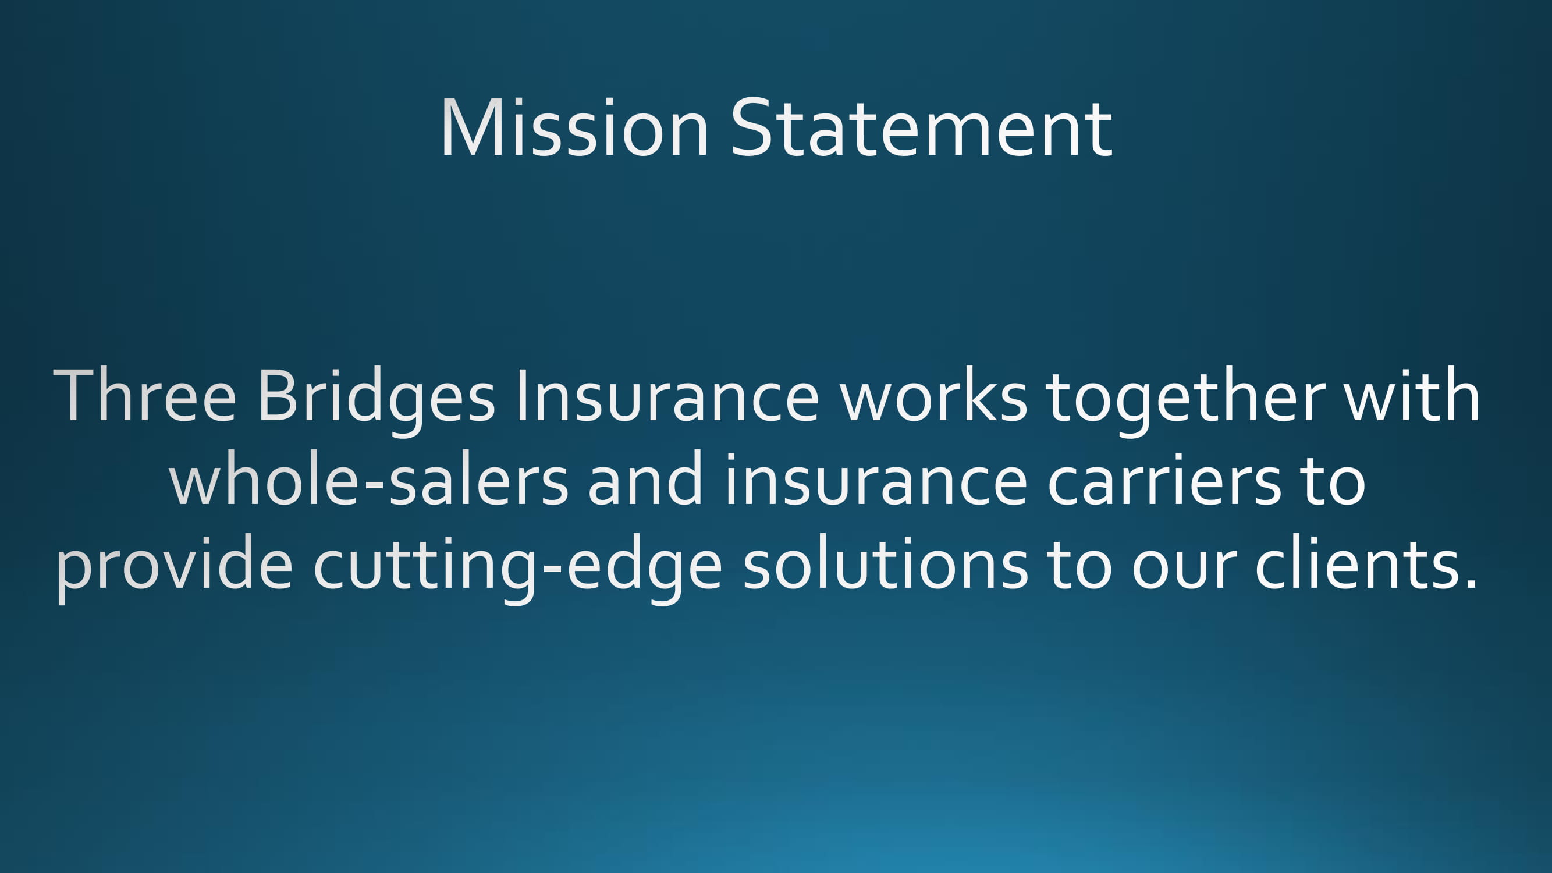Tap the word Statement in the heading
921,127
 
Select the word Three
144,395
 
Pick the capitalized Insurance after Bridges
667,395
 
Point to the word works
934,394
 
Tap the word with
1413,394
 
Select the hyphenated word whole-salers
369,478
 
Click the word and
646,478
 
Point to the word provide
174,569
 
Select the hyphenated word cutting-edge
517,570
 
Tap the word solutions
885,563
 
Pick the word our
1184,569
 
